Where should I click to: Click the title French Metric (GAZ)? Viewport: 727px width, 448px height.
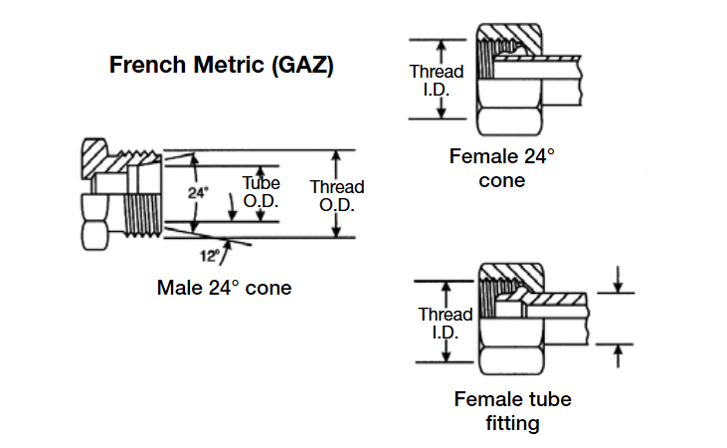pyautogui.click(x=221, y=67)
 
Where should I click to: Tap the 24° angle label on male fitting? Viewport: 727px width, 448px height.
pyautogui.click(x=199, y=192)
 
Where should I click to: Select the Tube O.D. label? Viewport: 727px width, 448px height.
pyautogui.click(x=262, y=192)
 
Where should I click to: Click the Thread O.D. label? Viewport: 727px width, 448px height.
pyautogui.click(x=337, y=196)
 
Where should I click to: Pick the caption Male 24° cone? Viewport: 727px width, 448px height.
pyautogui.click(x=225, y=288)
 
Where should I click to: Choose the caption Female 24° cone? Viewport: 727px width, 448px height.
pyautogui.click(x=501, y=168)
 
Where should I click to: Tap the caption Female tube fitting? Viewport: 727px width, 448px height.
pyautogui.click(x=513, y=411)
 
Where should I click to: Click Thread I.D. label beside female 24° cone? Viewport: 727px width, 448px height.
pyautogui.click(x=437, y=80)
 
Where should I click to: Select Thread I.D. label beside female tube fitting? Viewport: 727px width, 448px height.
pyautogui.click(x=445, y=324)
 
